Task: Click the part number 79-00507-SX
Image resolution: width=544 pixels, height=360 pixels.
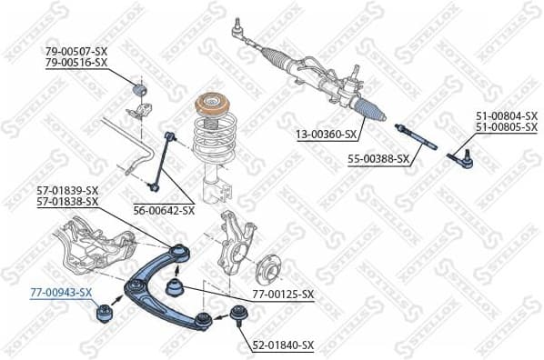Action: [x=76, y=51]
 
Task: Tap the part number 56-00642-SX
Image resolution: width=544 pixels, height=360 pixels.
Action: [x=164, y=210]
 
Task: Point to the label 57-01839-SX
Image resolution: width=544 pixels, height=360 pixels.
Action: [x=67, y=190]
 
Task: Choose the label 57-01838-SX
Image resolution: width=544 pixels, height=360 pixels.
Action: [x=67, y=201]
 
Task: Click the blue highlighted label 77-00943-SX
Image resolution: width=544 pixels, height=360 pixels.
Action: [x=60, y=292]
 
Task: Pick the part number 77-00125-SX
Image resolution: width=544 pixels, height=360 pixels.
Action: [x=282, y=295]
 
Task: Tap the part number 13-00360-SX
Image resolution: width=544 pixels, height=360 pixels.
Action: [x=326, y=135]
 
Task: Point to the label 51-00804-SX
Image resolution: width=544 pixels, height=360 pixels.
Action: [x=507, y=115]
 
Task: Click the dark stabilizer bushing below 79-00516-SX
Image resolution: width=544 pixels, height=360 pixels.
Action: [x=140, y=92]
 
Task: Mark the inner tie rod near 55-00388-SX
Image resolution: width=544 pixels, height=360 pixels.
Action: [x=417, y=136]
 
